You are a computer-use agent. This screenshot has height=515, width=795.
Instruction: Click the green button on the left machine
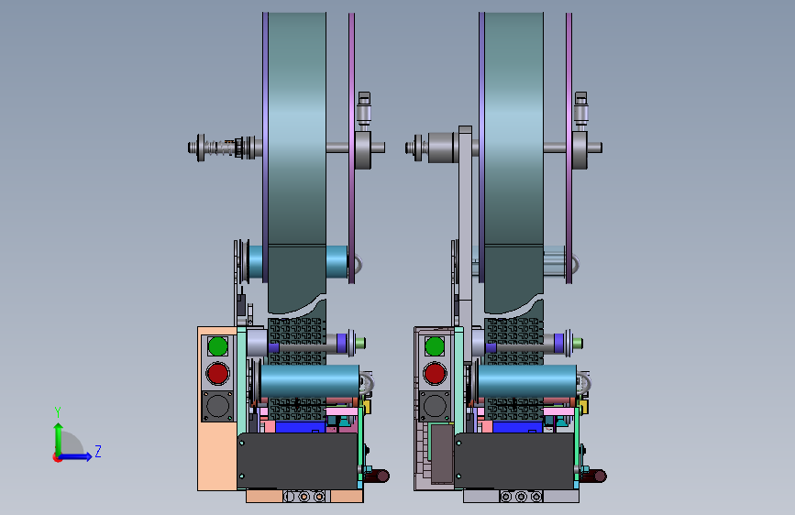coord(218,346)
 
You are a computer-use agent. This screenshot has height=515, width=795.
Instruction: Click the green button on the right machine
coord(435,346)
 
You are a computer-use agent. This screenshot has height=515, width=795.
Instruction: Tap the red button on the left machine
coord(218,374)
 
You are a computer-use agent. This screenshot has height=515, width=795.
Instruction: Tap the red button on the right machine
coord(435,374)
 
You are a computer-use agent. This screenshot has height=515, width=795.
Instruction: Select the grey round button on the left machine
coord(218,406)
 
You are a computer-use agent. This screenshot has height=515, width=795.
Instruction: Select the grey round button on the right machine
coord(435,406)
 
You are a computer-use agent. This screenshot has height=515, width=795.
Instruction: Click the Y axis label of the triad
coord(58,412)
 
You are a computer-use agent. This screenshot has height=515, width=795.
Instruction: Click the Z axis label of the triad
coord(98,451)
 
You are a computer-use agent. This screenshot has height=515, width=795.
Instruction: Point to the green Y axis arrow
coord(59,440)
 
